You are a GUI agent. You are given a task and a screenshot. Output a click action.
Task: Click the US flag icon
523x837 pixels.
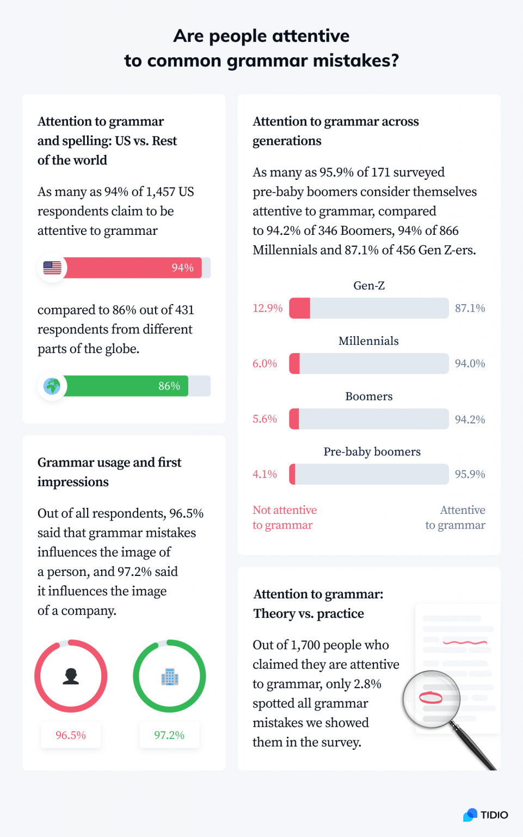click(52, 268)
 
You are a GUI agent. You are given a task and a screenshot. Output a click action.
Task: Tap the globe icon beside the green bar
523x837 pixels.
click(52, 386)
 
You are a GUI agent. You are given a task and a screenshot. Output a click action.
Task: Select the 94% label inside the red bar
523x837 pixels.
click(182, 268)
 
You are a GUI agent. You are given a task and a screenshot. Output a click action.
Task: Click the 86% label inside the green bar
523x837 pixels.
click(169, 386)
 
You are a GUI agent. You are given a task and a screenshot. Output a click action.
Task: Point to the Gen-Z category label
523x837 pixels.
click(369, 286)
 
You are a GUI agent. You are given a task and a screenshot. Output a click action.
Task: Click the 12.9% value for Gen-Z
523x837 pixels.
click(267, 308)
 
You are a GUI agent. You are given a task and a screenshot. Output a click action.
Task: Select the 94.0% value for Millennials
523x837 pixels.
click(470, 363)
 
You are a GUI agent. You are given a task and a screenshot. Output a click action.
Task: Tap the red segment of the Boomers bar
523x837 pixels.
click(294, 419)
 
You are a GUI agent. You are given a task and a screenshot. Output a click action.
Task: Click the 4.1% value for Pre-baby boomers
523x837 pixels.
click(264, 474)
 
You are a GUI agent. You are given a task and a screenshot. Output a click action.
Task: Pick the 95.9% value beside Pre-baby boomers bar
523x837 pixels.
click(470, 474)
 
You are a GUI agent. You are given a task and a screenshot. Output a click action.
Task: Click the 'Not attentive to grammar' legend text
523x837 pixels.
click(284, 518)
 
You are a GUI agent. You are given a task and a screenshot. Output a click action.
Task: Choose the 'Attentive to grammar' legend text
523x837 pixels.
click(456, 518)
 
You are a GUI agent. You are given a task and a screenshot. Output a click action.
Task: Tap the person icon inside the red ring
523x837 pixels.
click(71, 676)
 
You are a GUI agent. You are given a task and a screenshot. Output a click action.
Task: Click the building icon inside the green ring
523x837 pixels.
click(170, 677)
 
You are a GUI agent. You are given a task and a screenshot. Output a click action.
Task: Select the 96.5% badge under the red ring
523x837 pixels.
click(71, 735)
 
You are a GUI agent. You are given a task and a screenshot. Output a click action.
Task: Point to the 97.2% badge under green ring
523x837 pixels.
click(169, 735)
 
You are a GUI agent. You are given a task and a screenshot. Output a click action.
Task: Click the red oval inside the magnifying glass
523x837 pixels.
click(430, 697)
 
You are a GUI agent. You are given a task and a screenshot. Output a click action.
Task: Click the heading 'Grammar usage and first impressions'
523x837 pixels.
click(109, 472)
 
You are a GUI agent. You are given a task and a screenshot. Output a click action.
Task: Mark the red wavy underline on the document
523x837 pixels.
click(465, 642)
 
